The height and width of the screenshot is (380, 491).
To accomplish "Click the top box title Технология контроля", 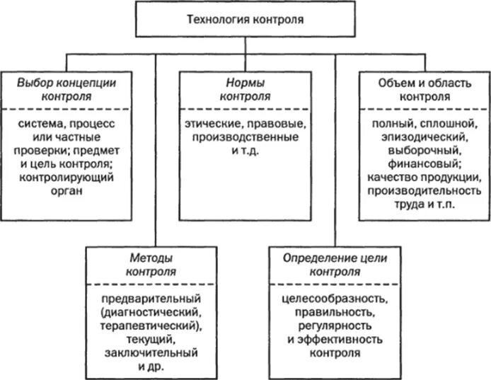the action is pos(246,20).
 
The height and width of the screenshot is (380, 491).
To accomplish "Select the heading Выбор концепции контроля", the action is pos(68,88).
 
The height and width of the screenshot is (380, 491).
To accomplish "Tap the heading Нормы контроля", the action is pos(242,88).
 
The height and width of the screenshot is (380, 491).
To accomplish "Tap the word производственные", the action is pos(242,137).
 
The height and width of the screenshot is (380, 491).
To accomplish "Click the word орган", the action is pos(68,191).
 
